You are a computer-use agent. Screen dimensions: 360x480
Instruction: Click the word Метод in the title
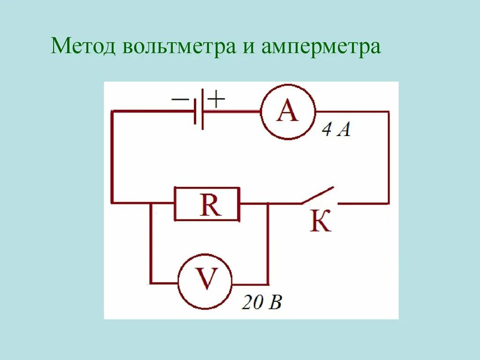tap(83, 47)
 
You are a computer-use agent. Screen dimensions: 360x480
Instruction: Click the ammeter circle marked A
tap(288, 112)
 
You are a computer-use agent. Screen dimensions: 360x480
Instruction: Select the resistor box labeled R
tap(207, 204)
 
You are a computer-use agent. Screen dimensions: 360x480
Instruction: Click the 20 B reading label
tap(262, 303)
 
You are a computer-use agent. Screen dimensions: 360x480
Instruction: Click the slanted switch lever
tap(318, 195)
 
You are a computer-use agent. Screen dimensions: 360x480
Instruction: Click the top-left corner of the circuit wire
tap(112, 111)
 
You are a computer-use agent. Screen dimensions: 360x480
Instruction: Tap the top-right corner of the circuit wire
tap(388, 112)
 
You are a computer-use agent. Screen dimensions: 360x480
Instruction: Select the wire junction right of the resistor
tap(269, 203)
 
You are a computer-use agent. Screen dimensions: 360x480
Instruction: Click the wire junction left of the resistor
tap(151, 203)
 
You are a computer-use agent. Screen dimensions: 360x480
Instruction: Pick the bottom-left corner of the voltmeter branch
tap(151, 283)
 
